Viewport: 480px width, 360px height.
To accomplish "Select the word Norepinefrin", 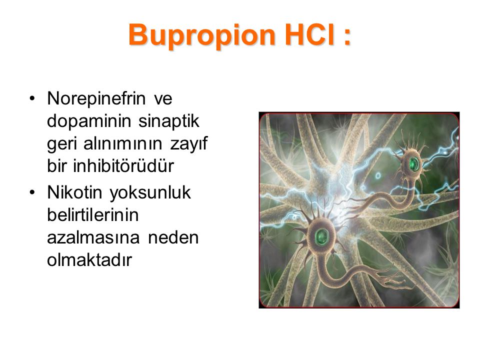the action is (96, 98).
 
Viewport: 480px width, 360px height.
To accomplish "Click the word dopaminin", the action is (89, 121).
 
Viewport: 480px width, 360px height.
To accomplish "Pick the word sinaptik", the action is (168, 121).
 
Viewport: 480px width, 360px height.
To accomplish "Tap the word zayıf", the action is (189, 144).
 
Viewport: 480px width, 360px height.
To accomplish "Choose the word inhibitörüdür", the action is (123, 166).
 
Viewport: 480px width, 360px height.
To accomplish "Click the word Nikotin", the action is (74, 192).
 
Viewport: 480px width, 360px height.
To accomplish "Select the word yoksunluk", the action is (150, 193).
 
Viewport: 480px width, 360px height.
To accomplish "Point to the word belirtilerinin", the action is (93, 215).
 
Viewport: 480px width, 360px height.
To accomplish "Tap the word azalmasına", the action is (93, 238).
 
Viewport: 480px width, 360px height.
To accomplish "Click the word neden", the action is (173, 238).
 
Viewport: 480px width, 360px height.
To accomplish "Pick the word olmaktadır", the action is (89, 260).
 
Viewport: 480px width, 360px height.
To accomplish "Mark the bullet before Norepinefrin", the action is (32, 98).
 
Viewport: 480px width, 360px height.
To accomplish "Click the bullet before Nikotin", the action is (32, 192).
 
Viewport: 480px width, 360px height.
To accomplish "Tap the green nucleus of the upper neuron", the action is (414, 164).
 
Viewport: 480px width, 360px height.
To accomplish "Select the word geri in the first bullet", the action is (61, 144).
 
